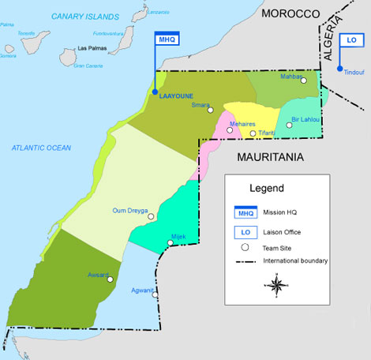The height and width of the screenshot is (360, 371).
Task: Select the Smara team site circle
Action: coord(211,110)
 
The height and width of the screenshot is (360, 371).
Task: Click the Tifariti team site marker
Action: coord(253,133)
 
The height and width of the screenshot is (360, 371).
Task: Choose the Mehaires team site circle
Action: coord(230,131)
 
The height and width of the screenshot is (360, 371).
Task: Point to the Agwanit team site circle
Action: coord(156,295)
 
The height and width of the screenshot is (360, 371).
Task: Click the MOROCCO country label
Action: coord(290,13)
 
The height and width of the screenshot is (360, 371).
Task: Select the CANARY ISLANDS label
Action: coord(84,16)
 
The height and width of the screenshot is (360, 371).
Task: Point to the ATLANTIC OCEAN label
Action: coord(41,148)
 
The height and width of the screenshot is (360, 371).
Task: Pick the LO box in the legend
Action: coord(245,231)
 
